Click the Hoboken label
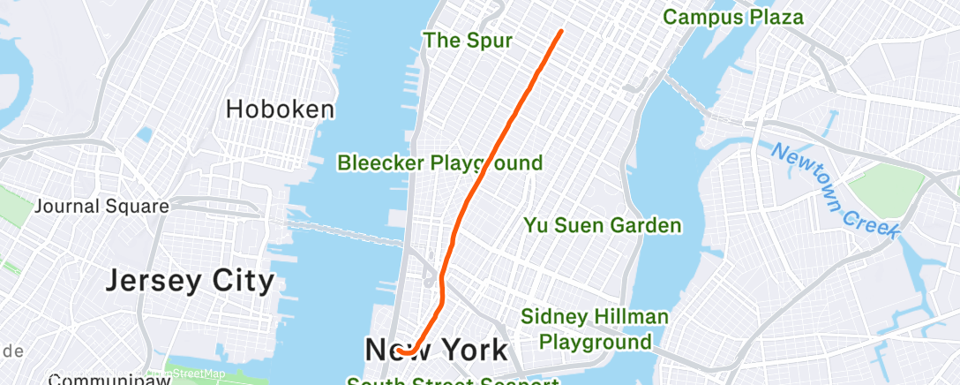point(280,109)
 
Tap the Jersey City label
point(191,282)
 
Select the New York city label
point(436,350)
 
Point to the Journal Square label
point(101,207)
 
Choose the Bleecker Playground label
point(440,162)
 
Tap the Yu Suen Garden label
point(603,226)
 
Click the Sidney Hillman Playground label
point(595,328)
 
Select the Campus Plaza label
point(733,17)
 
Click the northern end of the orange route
point(561,32)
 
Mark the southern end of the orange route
point(398,351)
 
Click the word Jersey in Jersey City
point(154,282)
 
